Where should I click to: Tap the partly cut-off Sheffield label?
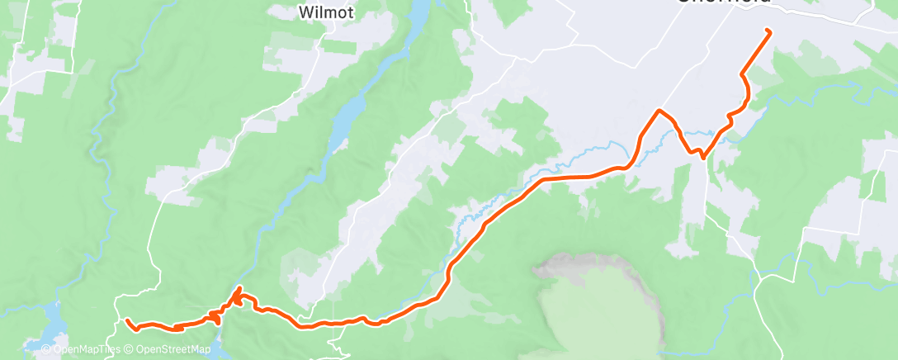click(725, 2)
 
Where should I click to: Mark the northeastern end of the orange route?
click(768, 31)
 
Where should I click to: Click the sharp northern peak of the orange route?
click(659, 110)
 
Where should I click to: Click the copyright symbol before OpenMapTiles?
click(46, 349)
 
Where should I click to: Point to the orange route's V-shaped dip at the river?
click(702, 154)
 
